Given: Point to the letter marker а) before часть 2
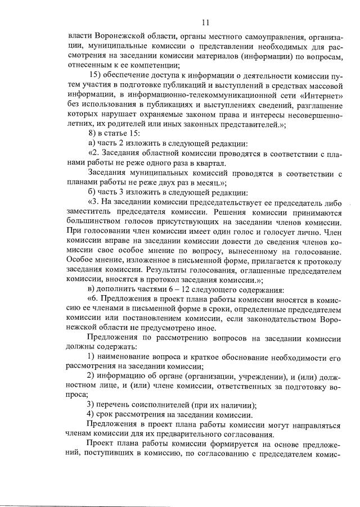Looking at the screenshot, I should point(92,143).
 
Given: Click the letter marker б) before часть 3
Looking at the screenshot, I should point(92,191).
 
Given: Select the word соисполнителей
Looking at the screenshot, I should point(166,404).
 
